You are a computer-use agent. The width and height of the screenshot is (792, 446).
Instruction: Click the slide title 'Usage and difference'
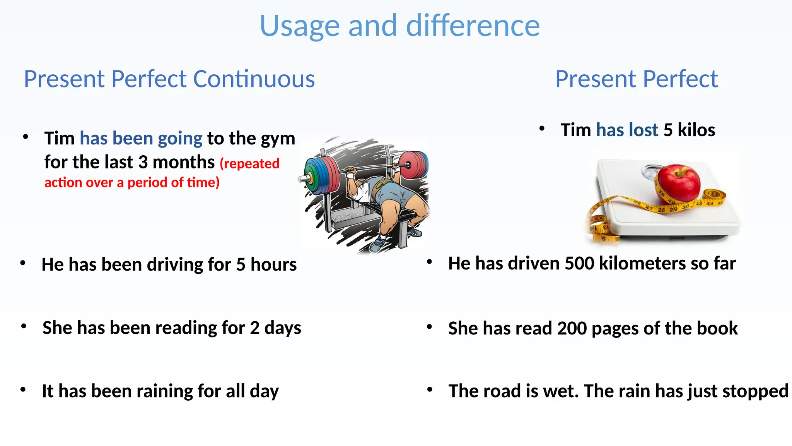(x=399, y=26)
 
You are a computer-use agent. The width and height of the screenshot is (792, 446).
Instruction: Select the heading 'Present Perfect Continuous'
(x=169, y=79)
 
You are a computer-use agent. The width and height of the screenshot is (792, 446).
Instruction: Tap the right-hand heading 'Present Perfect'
(x=636, y=79)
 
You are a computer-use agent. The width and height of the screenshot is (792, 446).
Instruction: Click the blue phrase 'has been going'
(x=141, y=138)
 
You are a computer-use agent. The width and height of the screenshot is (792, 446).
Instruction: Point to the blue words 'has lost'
(x=627, y=130)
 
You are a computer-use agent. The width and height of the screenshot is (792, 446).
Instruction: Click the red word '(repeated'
(x=249, y=163)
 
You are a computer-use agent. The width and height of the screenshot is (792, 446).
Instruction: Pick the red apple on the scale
(x=679, y=182)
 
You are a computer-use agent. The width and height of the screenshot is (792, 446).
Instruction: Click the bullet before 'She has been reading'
(x=24, y=327)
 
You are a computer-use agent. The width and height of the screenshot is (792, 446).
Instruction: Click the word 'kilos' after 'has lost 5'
(x=696, y=130)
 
